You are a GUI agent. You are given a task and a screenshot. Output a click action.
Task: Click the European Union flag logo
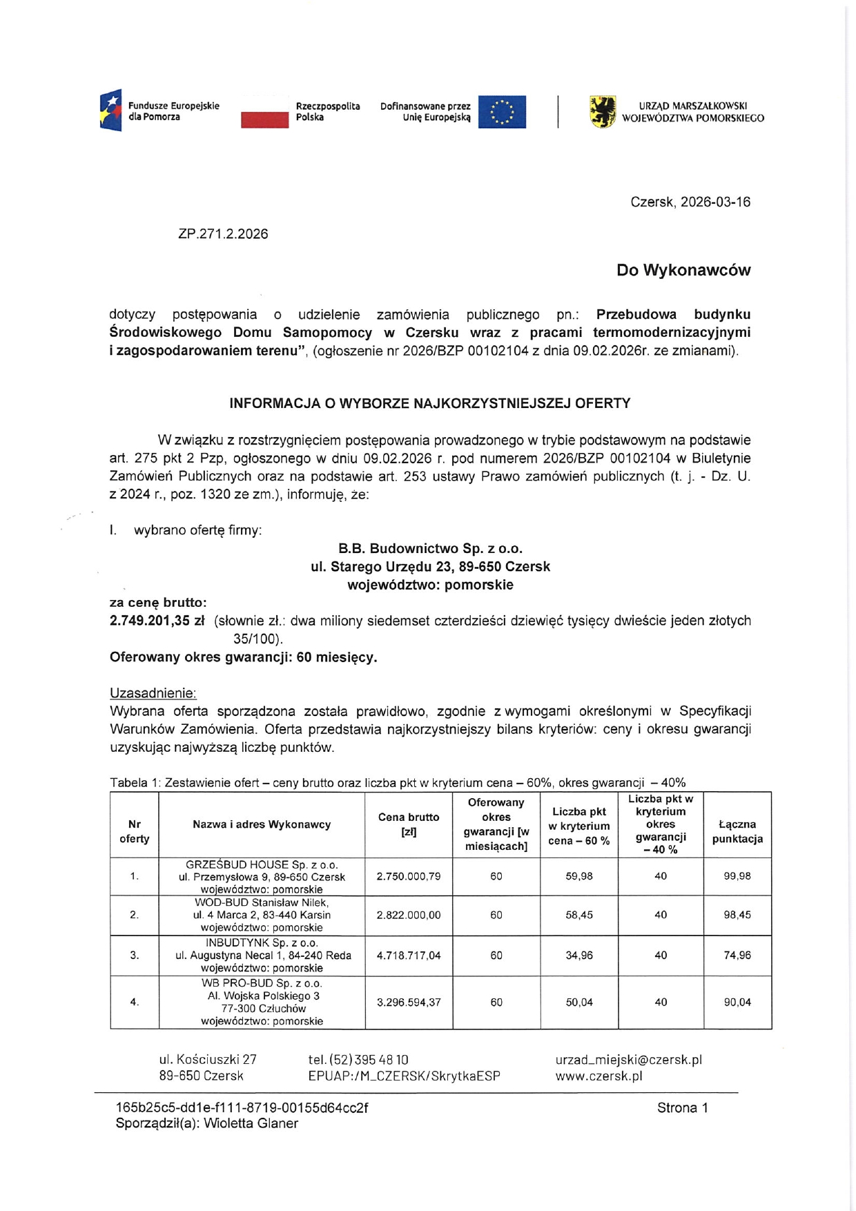pyautogui.click(x=502, y=112)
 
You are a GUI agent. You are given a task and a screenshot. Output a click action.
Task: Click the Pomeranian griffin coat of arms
pyautogui.click(x=603, y=112)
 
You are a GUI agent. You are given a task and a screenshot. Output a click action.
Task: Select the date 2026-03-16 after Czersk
pyautogui.click(x=715, y=202)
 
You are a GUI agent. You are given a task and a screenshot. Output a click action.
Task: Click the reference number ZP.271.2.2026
pyautogui.click(x=223, y=234)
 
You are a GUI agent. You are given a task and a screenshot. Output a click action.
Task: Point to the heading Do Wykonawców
pyautogui.click(x=683, y=270)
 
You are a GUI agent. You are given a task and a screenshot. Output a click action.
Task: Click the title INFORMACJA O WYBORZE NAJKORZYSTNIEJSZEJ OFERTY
pyautogui.click(x=429, y=403)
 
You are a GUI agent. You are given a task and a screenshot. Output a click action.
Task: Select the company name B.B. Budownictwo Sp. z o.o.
pyautogui.click(x=430, y=549)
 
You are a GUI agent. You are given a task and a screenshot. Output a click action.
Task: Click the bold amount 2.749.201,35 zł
pyautogui.click(x=157, y=621)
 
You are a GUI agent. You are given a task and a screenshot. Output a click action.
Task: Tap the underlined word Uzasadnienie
pyautogui.click(x=153, y=693)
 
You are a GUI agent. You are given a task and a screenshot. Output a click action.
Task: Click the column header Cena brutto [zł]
pyautogui.click(x=409, y=824)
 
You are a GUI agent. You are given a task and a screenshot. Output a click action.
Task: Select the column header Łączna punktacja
pyautogui.click(x=737, y=831)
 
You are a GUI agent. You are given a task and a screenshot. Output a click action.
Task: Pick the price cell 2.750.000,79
pyautogui.click(x=409, y=876)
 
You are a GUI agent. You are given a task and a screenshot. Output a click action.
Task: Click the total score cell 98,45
pyautogui.click(x=737, y=915)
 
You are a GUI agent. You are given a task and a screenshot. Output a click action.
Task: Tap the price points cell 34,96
pyautogui.click(x=579, y=956)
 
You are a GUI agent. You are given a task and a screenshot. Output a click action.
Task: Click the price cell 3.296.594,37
pyautogui.click(x=409, y=1002)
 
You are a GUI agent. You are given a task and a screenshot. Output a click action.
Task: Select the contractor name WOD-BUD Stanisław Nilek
pyautogui.click(x=262, y=902)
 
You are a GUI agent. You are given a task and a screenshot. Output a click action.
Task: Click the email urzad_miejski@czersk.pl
pyautogui.click(x=628, y=1059)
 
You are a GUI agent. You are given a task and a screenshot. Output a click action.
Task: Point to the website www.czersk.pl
pyautogui.click(x=599, y=1076)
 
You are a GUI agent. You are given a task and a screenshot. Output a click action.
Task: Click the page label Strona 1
pyautogui.click(x=682, y=1108)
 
